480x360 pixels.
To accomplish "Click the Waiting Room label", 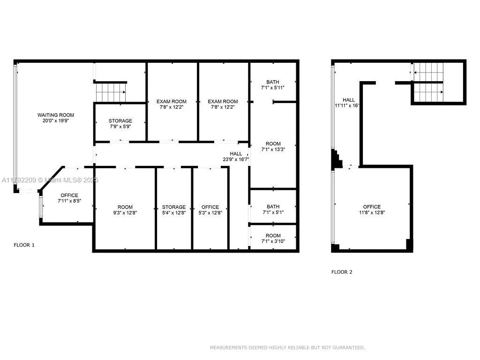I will [56, 118].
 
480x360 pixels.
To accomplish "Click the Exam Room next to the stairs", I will [171, 104].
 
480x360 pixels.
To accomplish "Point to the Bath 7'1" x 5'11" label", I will [273, 84].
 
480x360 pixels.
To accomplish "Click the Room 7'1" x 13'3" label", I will [273, 147].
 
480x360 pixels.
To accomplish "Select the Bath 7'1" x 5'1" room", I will [273, 209].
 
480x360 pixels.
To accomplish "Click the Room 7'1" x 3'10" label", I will [273, 238].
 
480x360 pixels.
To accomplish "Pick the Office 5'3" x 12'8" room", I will [210, 210].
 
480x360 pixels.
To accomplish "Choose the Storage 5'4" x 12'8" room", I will [174, 210].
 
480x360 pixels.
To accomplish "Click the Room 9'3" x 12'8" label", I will [125, 210].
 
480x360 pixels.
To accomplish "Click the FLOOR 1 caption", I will [24, 245].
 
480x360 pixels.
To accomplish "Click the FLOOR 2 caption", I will [342, 272].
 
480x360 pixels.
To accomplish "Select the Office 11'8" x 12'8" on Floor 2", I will [372, 210].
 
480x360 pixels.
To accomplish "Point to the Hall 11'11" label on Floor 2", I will [347, 103].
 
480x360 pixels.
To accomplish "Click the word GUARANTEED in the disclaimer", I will [348, 347].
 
